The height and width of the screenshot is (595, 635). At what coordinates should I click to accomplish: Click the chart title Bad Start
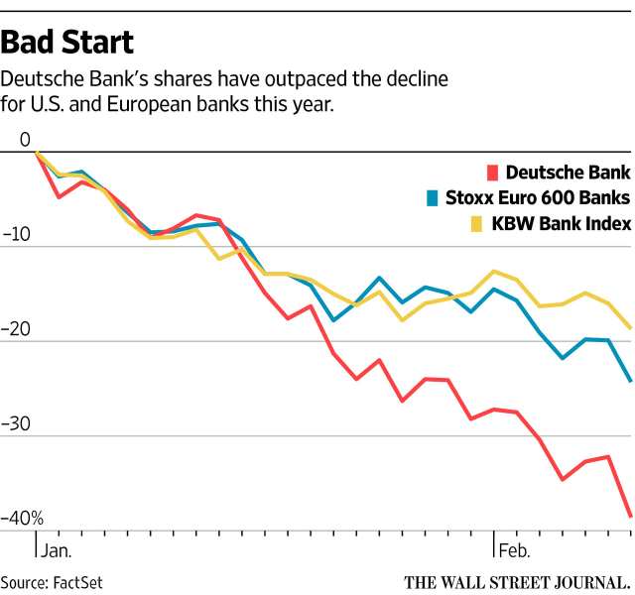point(67,43)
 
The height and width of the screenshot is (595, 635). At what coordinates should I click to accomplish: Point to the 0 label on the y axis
point(24,140)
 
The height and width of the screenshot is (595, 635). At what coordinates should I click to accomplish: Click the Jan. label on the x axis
point(58,548)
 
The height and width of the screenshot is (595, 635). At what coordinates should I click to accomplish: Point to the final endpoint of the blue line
point(631,381)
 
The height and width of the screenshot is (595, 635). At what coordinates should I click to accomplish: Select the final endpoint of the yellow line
point(631,328)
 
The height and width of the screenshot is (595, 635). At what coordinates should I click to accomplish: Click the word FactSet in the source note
point(78,582)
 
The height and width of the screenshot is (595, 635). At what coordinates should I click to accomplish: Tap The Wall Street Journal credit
point(516,581)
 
